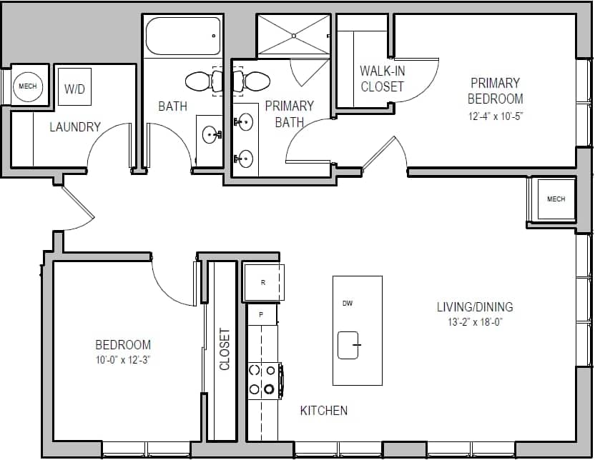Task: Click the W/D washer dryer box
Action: point(74,88)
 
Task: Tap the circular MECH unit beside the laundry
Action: point(27,86)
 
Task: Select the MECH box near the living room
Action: point(556,199)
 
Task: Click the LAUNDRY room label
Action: point(74,127)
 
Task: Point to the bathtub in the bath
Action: point(183,36)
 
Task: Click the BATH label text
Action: point(172,106)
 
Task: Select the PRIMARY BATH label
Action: point(289,114)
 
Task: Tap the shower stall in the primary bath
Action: point(293,34)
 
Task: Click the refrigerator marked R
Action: point(263,282)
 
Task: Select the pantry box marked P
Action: point(262,314)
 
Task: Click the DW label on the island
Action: point(348,304)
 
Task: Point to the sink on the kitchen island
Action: point(348,345)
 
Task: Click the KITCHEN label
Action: point(323,410)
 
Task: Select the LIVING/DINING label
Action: point(475,307)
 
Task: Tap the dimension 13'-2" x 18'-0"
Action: point(475,322)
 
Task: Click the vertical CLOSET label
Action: point(225,349)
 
